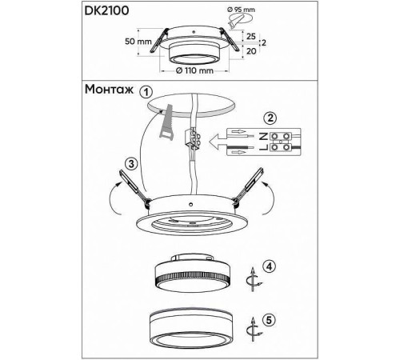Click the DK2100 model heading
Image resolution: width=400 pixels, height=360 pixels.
pyautogui.click(x=106, y=10)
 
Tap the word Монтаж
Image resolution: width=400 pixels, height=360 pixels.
pyautogui.click(x=109, y=90)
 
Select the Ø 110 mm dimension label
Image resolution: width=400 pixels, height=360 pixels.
pyautogui.click(x=194, y=70)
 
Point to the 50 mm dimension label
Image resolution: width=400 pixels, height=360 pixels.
pyautogui.click(x=138, y=42)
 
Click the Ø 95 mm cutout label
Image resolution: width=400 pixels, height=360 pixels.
pyautogui.click(x=241, y=10)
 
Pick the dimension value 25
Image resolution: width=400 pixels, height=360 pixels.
pyautogui.click(x=251, y=37)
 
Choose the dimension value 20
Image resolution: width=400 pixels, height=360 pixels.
pyautogui.click(x=251, y=51)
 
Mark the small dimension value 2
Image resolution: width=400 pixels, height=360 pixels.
pyautogui.click(x=264, y=42)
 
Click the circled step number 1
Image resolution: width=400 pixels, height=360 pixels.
pyautogui.click(x=146, y=92)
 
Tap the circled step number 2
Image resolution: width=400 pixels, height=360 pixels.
pyautogui.click(x=270, y=118)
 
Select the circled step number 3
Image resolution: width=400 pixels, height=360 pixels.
pyautogui.click(x=131, y=164)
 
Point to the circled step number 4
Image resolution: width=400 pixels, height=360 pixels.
pyautogui.click(x=270, y=266)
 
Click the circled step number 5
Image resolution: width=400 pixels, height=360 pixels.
pyautogui.click(x=269, y=320)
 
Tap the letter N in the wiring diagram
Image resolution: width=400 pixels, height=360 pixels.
pyautogui.click(x=263, y=137)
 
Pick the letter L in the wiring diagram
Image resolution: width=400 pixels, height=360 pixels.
pyautogui.click(x=263, y=147)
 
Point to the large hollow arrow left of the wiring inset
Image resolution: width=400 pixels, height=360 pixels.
pyautogui.click(x=218, y=142)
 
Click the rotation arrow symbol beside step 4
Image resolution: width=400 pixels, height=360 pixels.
pyautogui.click(x=254, y=279)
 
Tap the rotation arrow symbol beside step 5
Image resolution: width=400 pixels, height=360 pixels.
pyautogui.click(x=254, y=330)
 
